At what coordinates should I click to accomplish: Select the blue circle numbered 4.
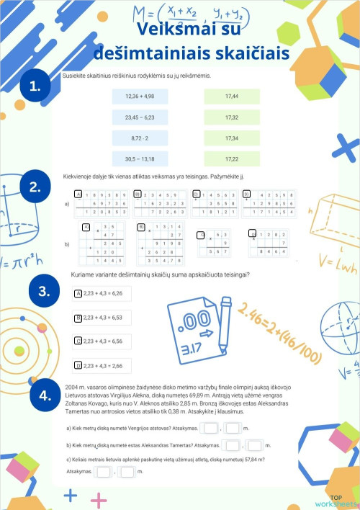(x=45, y=395)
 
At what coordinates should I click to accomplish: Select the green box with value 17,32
(x=231, y=116)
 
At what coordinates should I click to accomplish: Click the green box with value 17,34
(x=231, y=138)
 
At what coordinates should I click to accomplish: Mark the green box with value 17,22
(x=231, y=158)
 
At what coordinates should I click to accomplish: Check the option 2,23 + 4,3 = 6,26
(x=103, y=293)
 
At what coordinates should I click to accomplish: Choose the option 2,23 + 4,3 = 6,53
(x=103, y=317)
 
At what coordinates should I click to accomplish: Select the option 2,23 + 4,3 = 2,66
(x=103, y=365)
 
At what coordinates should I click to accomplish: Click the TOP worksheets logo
(x=342, y=501)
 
